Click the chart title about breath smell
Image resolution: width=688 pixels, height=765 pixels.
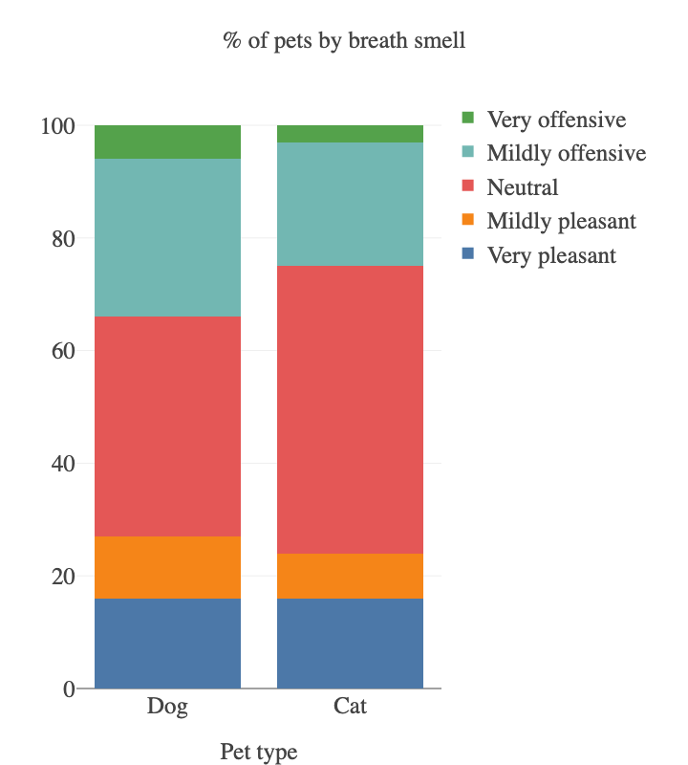tap(344, 41)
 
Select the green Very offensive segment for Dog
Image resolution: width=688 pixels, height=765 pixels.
tap(167, 142)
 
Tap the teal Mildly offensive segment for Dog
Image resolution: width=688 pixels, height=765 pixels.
tap(167, 237)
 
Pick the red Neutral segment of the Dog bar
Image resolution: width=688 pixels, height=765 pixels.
tap(167, 426)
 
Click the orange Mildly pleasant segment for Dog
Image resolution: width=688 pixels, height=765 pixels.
tap(167, 567)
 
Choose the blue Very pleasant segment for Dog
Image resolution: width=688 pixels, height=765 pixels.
tap(167, 643)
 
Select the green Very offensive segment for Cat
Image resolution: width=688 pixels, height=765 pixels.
tap(350, 134)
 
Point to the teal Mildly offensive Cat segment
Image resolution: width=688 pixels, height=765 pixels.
tap(350, 204)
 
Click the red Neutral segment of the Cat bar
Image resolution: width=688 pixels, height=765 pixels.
tap(350, 409)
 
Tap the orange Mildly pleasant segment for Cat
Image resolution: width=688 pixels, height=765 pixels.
tap(350, 576)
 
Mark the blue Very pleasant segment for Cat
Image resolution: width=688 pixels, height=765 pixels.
tap(350, 643)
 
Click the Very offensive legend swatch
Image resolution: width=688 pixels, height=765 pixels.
tap(467, 119)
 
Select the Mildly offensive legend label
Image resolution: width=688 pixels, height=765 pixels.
tap(566, 153)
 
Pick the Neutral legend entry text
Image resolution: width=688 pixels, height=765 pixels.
tap(522, 187)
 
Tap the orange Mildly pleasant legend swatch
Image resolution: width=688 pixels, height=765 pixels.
tap(467, 221)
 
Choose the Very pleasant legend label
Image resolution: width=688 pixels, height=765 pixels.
tap(551, 255)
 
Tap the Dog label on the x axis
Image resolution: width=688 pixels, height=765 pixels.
tap(167, 708)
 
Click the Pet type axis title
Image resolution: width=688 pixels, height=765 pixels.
tap(258, 752)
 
